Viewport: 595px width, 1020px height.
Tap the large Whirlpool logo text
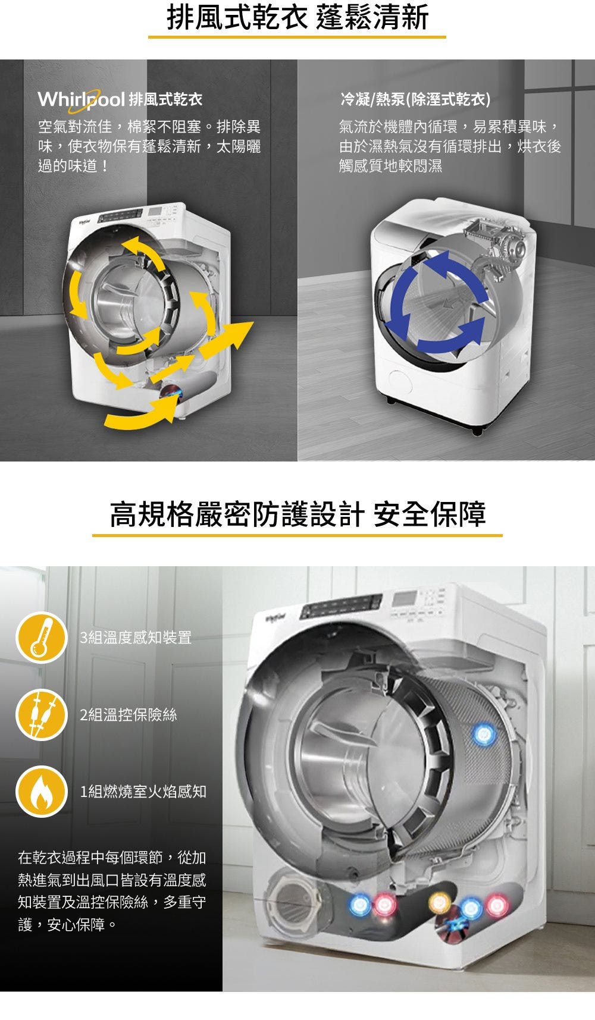(x=81, y=99)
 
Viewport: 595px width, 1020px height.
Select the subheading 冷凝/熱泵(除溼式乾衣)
(x=415, y=99)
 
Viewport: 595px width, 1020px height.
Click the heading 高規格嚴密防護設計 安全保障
(x=297, y=514)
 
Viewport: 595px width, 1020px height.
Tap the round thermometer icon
(x=41, y=637)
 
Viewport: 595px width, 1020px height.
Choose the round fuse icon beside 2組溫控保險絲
(x=41, y=714)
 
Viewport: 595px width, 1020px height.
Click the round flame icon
(x=41, y=791)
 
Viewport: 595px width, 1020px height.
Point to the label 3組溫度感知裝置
(x=136, y=638)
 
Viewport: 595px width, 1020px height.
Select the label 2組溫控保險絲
(x=129, y=714)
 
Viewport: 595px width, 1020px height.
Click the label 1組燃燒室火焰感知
(x=143, y=791)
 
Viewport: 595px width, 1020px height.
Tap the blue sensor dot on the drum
(x=483, y=735)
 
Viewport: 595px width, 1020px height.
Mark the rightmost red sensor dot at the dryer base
(x=496, y=905)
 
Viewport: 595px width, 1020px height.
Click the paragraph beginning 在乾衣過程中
(x=112, y=891)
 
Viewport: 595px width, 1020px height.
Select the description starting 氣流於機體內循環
(x=450, y=146)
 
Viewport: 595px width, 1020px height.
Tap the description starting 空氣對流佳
(x=149, y=146)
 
